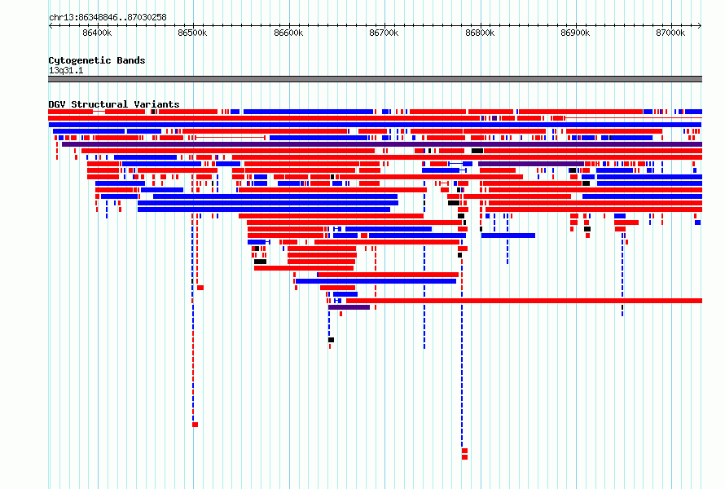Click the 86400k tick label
(97, 33)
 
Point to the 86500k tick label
(192, 33)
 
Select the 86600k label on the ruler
(288, 33)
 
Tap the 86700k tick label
(384, 33)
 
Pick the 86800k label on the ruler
(480, 33)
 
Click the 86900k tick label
(575, 33)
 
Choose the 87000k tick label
(670, 33)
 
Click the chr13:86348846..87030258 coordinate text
(108, 18)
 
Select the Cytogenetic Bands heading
(97, 60)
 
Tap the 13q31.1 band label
(66, 70)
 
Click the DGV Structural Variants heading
(114, 104)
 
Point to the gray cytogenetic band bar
(375, 79)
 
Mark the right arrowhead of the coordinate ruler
(701, 26)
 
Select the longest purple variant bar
(382, 144)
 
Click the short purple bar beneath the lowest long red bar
(349, 307)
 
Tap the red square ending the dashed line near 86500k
(196, 425)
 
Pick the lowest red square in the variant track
(464, 457)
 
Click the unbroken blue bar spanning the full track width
(375, 125)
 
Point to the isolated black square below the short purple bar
(331, 340)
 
